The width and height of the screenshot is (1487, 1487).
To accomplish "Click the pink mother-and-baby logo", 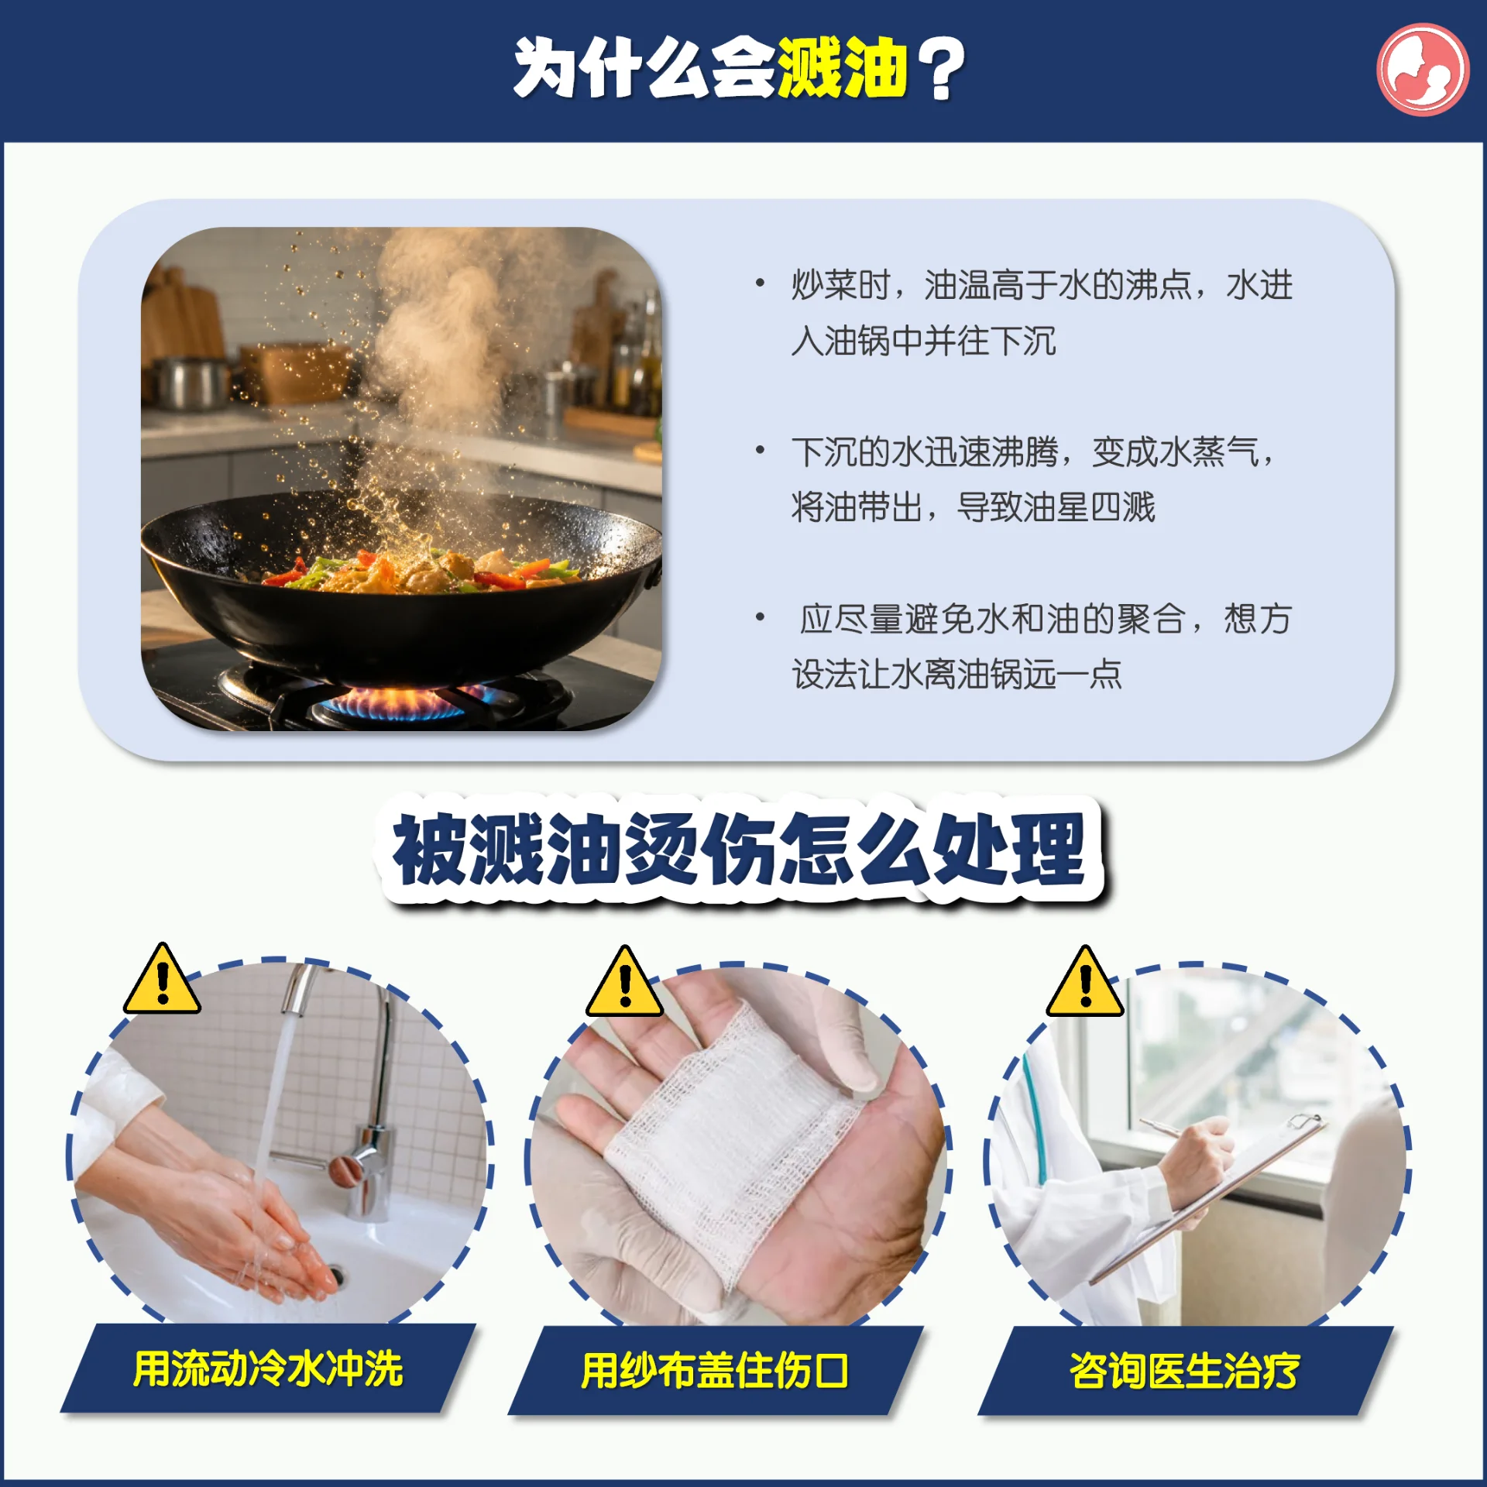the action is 1422,70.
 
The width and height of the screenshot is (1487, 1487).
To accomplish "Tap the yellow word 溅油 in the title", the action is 842,69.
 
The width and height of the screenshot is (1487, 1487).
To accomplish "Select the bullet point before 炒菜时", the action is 761,283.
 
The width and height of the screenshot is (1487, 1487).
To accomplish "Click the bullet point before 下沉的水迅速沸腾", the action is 761,450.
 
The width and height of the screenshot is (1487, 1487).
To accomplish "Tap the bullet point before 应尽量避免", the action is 761,617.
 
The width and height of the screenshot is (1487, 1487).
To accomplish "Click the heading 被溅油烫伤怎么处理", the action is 740,849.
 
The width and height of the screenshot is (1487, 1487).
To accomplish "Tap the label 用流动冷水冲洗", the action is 268,1369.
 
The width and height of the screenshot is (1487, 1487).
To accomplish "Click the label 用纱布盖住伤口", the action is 715,1370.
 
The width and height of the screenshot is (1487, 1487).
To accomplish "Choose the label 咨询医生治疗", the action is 1185,1370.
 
